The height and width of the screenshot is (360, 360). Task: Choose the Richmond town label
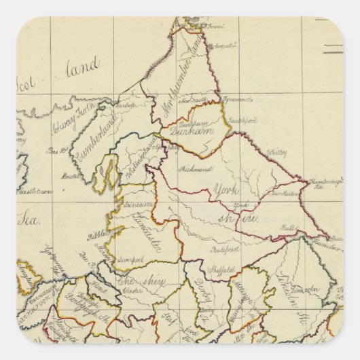coord(194,168)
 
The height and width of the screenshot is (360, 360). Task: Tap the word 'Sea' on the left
coord(30,219)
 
